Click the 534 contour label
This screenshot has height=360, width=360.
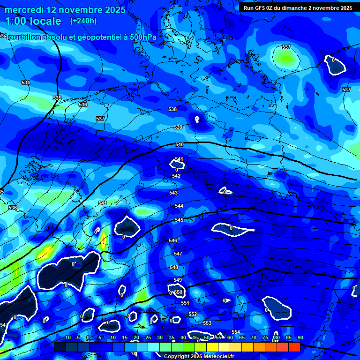26,83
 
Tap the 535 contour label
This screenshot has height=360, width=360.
57,98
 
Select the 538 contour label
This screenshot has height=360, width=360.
172,109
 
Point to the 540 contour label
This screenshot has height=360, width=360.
179,145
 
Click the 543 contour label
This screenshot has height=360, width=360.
173,193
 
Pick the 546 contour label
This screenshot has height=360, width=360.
173,240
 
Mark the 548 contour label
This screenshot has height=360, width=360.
174,267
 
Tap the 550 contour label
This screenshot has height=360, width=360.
178,292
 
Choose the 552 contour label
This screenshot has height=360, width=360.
193,314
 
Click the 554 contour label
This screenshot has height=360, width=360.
236,332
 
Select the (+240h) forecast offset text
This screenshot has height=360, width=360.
83,21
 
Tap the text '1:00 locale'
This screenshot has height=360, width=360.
33,21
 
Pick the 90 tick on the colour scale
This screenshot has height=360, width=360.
300,337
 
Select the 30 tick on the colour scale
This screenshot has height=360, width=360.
160,337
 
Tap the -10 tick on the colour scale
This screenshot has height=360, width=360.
67,337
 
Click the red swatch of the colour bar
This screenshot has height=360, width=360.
294,347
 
